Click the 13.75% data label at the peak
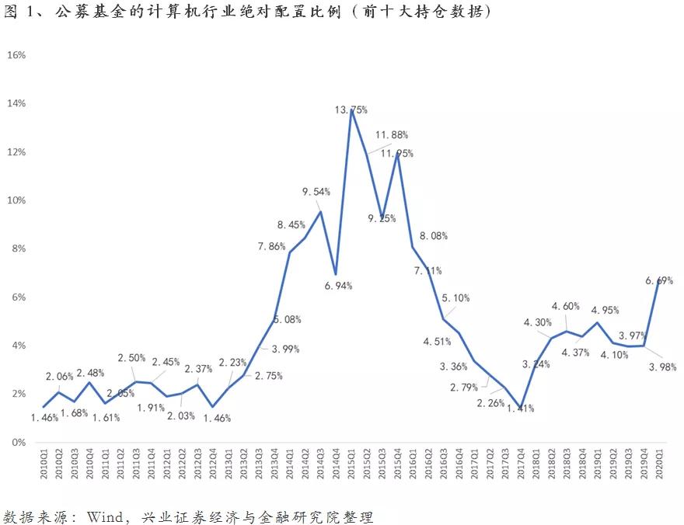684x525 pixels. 351,110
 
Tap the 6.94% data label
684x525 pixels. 335,286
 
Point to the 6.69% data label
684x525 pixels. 658,280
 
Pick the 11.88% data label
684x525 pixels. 391,135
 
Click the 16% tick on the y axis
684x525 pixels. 16,55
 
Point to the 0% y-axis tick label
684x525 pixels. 19,443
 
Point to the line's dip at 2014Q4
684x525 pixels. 336,274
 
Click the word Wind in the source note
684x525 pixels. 103,516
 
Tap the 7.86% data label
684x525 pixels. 274,246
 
